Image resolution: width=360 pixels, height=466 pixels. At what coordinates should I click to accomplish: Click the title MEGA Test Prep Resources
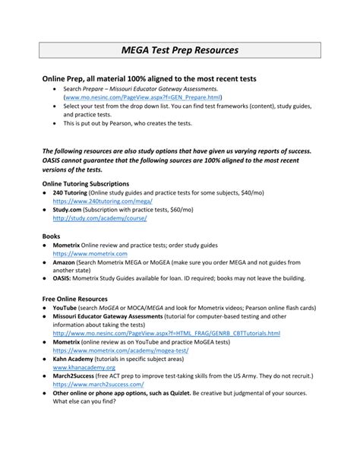click(x=180, y=50)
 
